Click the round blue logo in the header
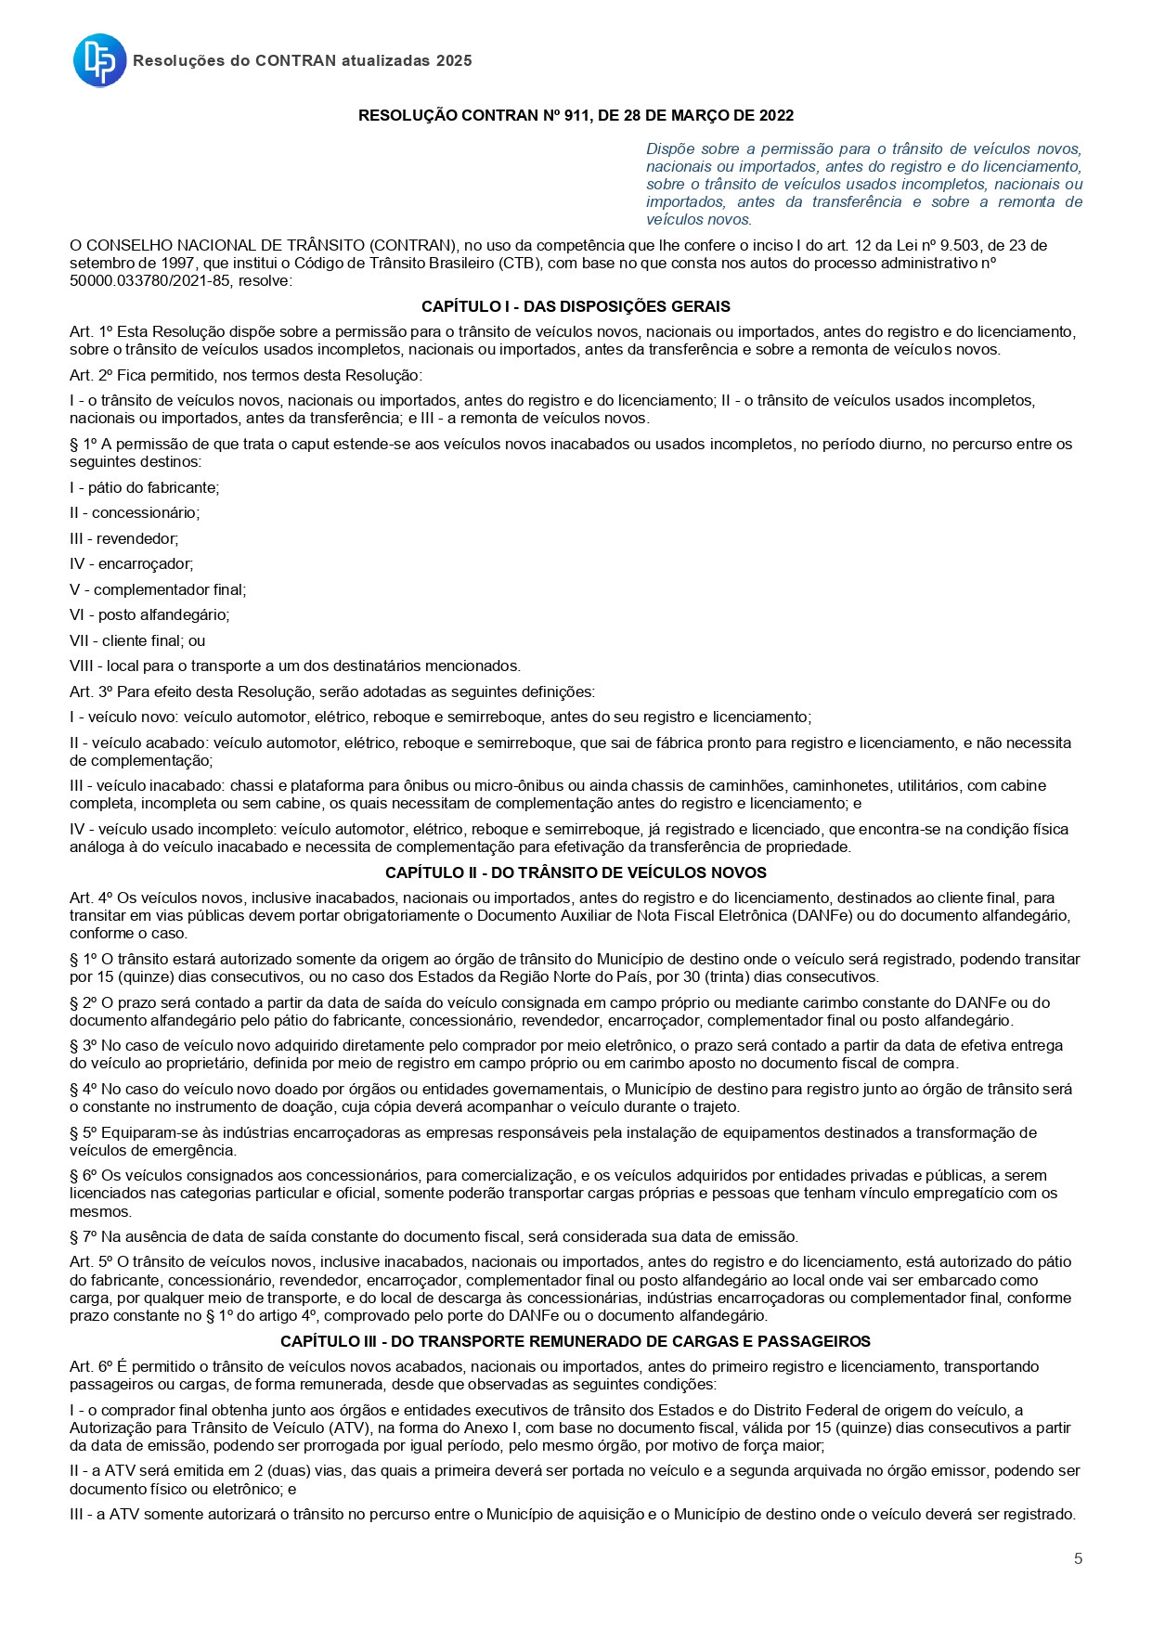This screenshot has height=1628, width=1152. [x=99, y=60]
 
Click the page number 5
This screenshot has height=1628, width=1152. [x=1078, y=1558]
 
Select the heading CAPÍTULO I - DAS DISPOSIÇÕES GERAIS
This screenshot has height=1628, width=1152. [x=576, y=306]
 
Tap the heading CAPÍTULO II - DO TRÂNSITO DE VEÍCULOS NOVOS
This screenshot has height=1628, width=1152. [x=576, y=872]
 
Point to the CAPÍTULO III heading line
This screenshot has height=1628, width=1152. [x=576, y=1341]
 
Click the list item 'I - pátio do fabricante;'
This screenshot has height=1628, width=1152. [x=144, y=487]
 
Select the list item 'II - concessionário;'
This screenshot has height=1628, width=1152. [x=135, y=512]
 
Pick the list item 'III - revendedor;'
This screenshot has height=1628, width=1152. [x=124, y=538]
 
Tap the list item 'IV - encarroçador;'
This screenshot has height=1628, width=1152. [x=131, y=563]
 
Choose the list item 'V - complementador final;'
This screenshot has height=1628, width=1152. [x=158, y=589]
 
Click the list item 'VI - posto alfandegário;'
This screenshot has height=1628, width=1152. [x=149, y=614]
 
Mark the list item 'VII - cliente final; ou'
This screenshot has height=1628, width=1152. [x=137, y=640]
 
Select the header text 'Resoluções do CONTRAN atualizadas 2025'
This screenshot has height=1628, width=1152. [x=303, y=60]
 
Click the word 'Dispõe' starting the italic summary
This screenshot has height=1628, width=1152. [x=669, y=149]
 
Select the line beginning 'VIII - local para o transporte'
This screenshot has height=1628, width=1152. [x=295, y=665]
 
